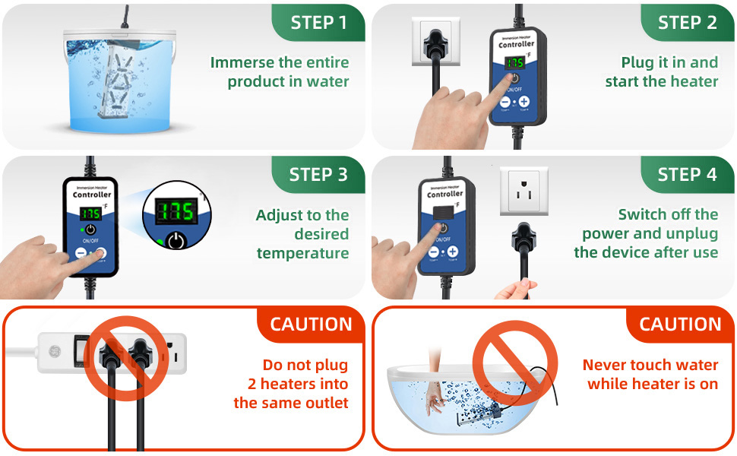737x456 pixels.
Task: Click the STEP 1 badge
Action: pyautogui.click(x=318, y=22)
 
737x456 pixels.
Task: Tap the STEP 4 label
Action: pyautogui.click(x=687, y=174)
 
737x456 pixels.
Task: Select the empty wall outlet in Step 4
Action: pyautogui.click(x=524, y=192)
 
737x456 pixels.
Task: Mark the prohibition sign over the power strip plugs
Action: pyautogui.click(x=125, y=356)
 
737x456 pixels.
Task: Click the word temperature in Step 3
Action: pyautogui.click(x=302, y=253)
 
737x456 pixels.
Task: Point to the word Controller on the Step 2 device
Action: pyautogui.click(x=516, y=45)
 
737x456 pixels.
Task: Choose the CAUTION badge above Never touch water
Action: pyautogui.click(x=680, y=325)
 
